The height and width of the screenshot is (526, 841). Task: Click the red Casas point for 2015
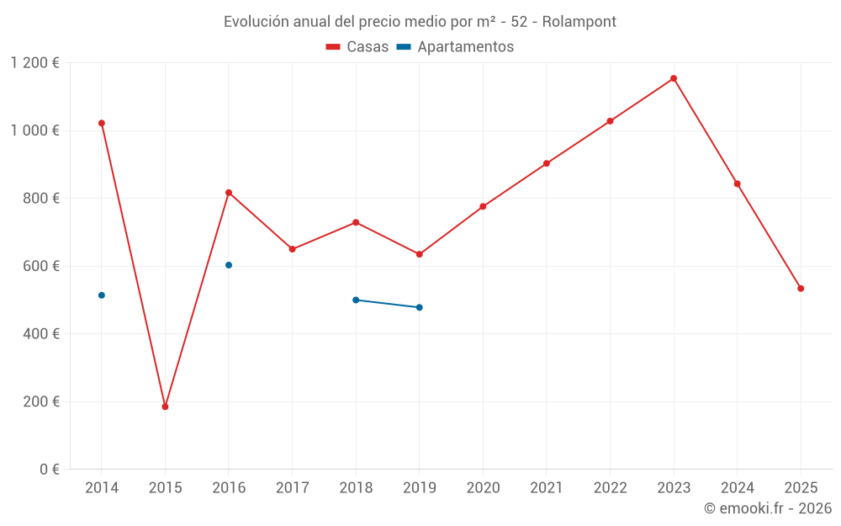click(x=165, y=406)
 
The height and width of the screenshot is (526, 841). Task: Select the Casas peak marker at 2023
click(x=674, y=78)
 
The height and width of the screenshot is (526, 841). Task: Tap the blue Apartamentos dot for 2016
click(x=229, y=265)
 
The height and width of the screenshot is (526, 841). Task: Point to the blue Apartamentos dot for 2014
click(x=102, y=295)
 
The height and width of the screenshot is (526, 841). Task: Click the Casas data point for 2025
click(x=801, y=289)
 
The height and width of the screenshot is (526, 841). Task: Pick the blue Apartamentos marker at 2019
click(x=420, y=307)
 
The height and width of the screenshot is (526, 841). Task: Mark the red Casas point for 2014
click(x=102, y=123)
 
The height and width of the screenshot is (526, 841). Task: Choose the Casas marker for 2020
click(x=483, y=206)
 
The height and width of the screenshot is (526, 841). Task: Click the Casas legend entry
click(x=357, y=47)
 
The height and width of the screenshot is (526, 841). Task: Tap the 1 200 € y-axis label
click(x=34, y=63)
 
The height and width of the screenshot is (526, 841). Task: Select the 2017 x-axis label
click(x=292, y=488)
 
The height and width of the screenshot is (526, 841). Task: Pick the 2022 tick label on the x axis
click(x=610, y=488)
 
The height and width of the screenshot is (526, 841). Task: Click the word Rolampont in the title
click(x=579, y=22)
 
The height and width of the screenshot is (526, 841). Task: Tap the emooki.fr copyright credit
click(x=767, y=508)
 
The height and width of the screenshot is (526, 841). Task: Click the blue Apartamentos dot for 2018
click(x=356, y=300)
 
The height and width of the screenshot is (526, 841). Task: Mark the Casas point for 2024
click(x=738, y=183)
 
